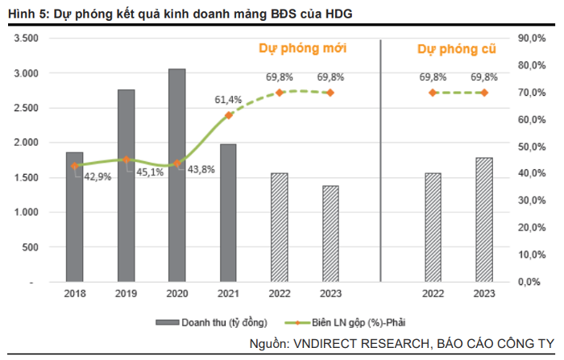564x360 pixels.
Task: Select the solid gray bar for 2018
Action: (x=74, y=217)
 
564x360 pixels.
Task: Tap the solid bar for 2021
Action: (x=228, y=213)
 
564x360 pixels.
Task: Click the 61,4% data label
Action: (x=228, y=99)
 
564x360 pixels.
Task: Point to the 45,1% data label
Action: (x=150, y=172)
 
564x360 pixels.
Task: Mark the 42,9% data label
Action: (x=99, y=176)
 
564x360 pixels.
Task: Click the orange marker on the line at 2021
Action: (x=228, y=115)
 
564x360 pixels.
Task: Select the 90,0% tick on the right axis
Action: (x=533, y=38)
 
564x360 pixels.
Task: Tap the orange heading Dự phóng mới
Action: (x=303, y=48)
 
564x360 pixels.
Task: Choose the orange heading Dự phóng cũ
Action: (x=456, y=49)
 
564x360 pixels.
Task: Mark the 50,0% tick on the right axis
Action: (x=533, y=147)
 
